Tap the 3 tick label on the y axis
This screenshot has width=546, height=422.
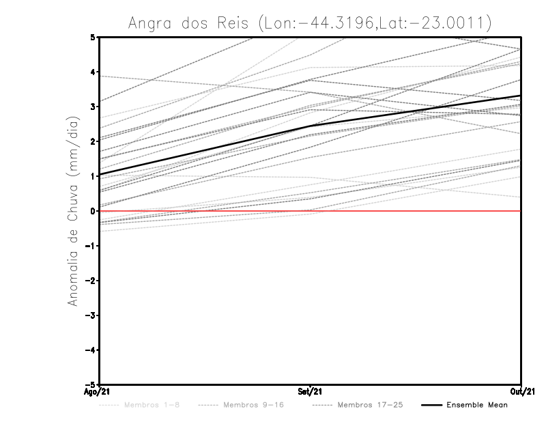(93, 107)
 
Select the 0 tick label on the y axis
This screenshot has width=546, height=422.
(93, 211)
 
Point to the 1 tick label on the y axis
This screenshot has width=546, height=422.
(93, 176)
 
